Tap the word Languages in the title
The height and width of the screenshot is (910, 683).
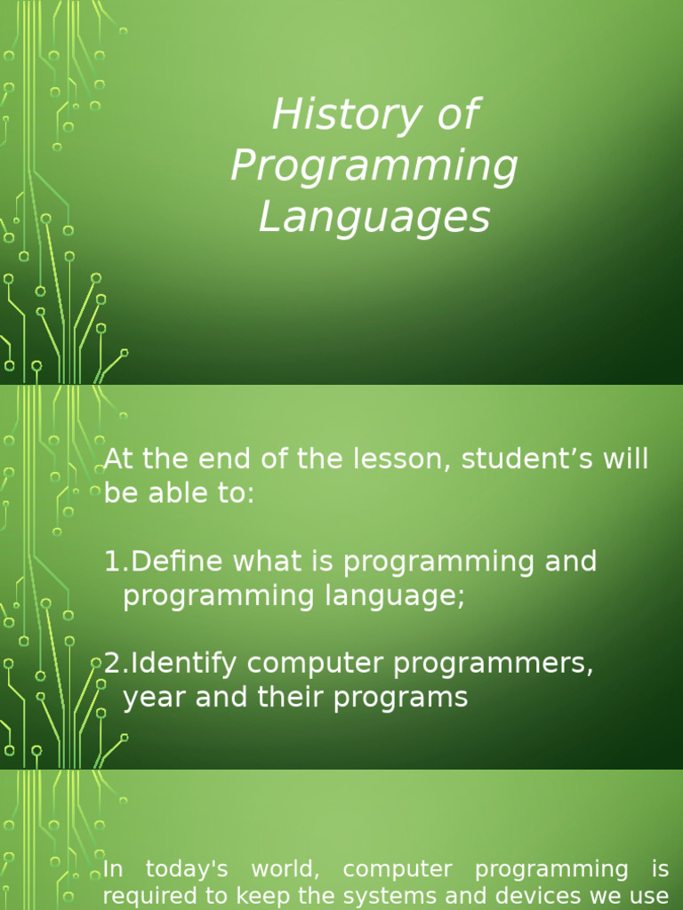tap(374, 218)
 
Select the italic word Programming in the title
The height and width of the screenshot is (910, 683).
tap(374, 167)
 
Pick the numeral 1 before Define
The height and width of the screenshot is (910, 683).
tap(111, 562)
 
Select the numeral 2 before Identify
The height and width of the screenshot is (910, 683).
tap(112, 663)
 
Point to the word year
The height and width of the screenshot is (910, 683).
tap(152, 698)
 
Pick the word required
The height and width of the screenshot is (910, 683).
tap(148, 896)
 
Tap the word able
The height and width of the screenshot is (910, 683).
tap(171, 494)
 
